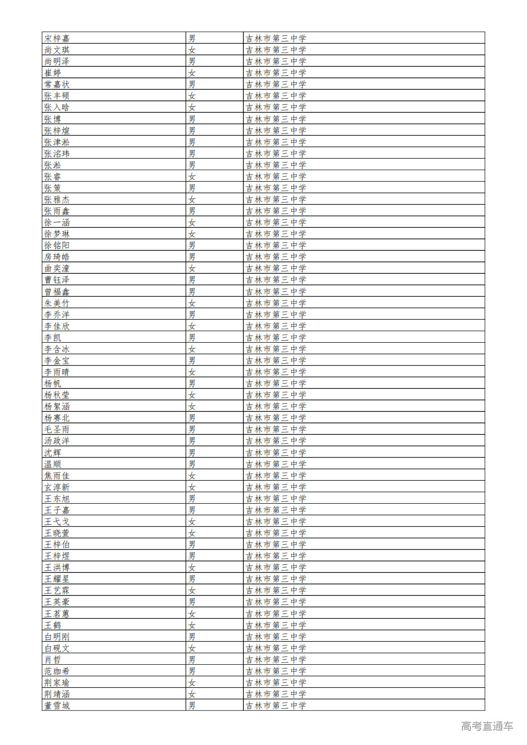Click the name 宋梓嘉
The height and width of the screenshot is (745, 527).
click(x=57, y=38)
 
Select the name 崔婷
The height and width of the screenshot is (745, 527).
click(x=53, y=73)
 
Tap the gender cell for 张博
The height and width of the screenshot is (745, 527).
click(x=192, y=119)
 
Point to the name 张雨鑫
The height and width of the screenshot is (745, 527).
click(x=57, y=211)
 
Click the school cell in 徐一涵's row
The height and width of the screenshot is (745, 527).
click(x=276, y=222)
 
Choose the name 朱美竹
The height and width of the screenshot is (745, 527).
click(x=57, y=303)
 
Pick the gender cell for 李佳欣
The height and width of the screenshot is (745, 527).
click(x=192, y=326)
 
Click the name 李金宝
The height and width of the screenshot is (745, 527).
click(x=57, y=360)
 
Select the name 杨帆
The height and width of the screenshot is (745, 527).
click(x=53, y=383)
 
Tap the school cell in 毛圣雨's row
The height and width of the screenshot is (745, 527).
click(x=276, y=429)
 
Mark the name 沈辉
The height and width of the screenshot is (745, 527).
click(x=53, y=453)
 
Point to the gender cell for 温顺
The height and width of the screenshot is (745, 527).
click(x=192, y=464)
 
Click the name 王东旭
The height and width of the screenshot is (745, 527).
click(x=57, y=498)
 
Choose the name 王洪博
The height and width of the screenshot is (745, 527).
click(x=57, y=567)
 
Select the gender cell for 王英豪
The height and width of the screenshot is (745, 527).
click(x=192, y=602)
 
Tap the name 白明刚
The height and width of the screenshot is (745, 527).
click(x=57, y=637)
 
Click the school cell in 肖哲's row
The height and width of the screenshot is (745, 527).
click(x=276, y=659)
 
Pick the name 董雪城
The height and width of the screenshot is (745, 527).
click(x=57, y=705)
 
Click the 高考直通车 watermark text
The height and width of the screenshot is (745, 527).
click(x=487, y=726)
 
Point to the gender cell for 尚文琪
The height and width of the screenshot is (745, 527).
click(x=192, y=50)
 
